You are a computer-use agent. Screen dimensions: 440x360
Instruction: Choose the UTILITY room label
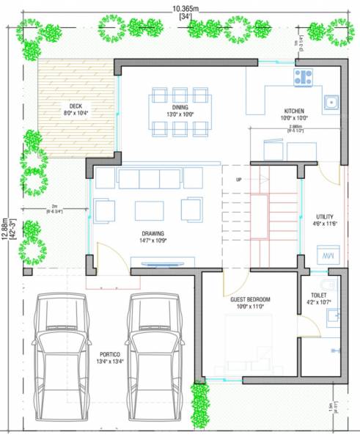[x=325, y=217]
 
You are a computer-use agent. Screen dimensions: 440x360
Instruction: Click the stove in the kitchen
[x=303, y=77]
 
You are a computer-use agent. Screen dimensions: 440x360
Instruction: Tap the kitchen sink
[x=331, y=101]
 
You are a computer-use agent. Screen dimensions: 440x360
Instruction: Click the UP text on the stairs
[x=238, y=180]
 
